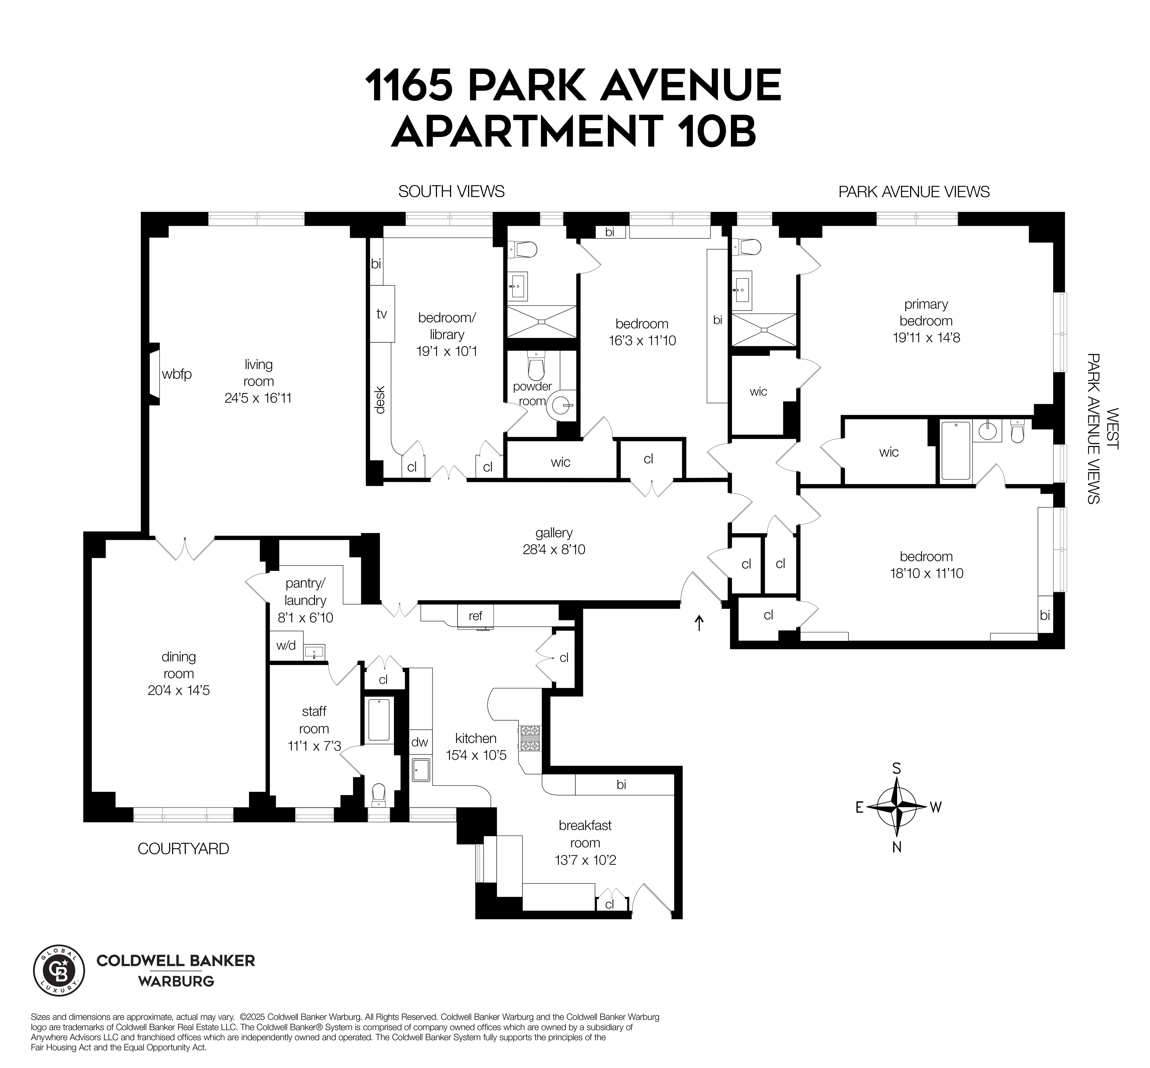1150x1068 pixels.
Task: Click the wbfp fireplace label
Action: click(176, 374)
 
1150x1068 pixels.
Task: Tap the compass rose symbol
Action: click(896, 807)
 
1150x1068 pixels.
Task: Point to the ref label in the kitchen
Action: click(475, 616)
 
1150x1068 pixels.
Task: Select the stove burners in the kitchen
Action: click(530, 739)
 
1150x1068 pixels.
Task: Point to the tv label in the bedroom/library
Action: click(381, 314)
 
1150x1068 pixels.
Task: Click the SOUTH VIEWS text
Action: click(451, 191)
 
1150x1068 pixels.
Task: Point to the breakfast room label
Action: click(585, 834)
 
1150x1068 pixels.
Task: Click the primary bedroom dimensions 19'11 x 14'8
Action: click(926, 338)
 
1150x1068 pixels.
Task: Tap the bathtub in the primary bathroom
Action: click(955, 451)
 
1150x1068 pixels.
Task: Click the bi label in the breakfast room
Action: click(621, 784)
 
